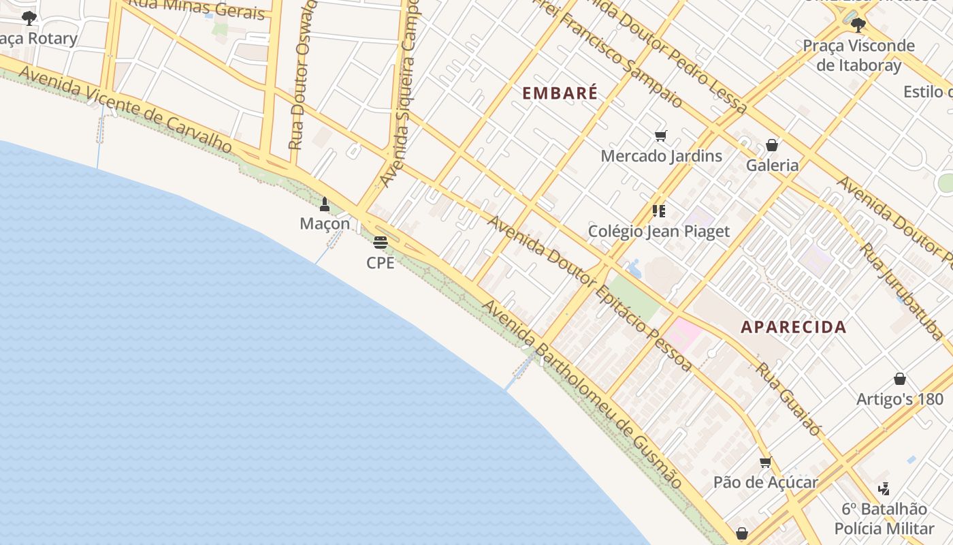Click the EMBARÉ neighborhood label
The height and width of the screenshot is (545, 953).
coord(560,93)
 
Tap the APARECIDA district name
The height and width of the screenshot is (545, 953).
coord(793,327)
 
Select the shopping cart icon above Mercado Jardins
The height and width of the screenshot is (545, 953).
coord(660,136)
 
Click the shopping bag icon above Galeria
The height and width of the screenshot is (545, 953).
coord(772,145)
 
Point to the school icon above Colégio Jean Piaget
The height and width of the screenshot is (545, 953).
coord(658,211)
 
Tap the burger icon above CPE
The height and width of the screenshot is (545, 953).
coord(380,243)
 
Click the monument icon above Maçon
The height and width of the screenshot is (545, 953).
coord(325,204)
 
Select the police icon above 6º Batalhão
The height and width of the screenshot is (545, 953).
coord(884,488)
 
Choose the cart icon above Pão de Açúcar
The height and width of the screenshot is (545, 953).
coord(765,463)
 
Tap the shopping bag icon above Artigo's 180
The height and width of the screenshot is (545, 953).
coord(899,379)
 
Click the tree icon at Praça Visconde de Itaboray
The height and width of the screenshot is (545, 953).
coord(858,25)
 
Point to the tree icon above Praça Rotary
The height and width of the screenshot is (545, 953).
coord(29,18)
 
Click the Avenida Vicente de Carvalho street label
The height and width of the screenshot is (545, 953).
coord(126,109)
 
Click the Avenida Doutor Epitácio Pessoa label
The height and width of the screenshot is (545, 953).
coord(589,293)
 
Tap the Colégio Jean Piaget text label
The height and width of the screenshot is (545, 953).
coord(658,232)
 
